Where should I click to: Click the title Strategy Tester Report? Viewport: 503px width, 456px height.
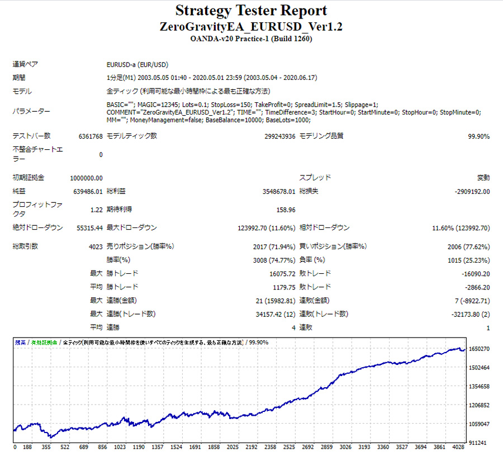[x=251, y=11]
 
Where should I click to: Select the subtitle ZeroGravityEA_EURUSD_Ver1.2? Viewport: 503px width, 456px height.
[x=251, y=27]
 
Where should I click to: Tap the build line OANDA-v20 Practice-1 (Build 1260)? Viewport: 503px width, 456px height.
[x=251, y=39]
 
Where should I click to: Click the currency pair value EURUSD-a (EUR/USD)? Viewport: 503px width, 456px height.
[x=137, y=64]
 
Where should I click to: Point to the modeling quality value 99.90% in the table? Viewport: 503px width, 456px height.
[x=478, y=136]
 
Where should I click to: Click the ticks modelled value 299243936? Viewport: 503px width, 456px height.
[x=279, y=136]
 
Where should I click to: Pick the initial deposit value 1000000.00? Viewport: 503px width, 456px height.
[x=86, y=178]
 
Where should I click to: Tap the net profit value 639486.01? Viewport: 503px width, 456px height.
[x=88, y=192]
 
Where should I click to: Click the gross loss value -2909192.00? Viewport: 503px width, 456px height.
[x=472, y=192]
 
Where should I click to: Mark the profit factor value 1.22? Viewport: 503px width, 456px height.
[x=96, y=210]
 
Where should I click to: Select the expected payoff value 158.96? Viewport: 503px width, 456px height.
[x=285, y=210]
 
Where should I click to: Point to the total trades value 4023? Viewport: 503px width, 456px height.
[x=94, y=246]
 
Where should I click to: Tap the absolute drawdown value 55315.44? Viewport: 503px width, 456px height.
[x=88, y=228]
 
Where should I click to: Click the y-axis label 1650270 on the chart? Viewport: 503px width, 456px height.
[x=480, y=349]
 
